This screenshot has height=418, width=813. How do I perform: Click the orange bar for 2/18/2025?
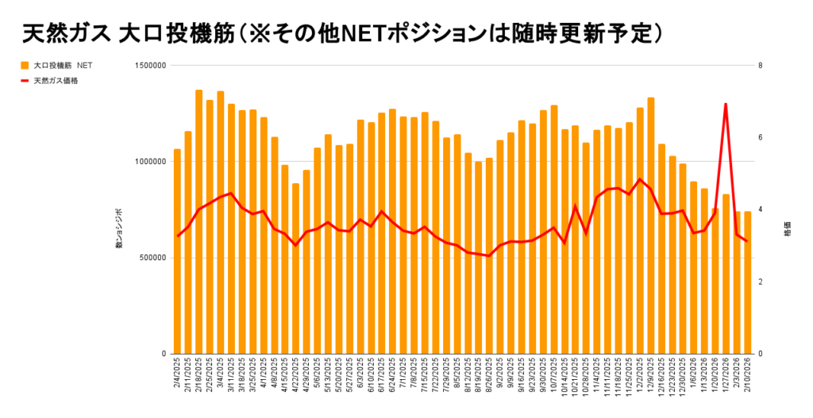199,222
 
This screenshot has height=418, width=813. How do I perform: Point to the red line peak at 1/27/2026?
726,104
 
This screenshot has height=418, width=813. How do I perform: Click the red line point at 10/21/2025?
576,206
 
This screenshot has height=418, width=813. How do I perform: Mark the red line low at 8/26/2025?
489,255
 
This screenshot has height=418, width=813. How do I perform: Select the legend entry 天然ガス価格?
56,80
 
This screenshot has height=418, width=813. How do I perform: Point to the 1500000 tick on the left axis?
148,65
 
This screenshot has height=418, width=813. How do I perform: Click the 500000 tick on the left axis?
151,258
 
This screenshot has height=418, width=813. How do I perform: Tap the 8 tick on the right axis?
761,65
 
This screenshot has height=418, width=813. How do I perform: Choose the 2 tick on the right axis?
761,282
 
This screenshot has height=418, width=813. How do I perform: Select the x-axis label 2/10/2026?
748,371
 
